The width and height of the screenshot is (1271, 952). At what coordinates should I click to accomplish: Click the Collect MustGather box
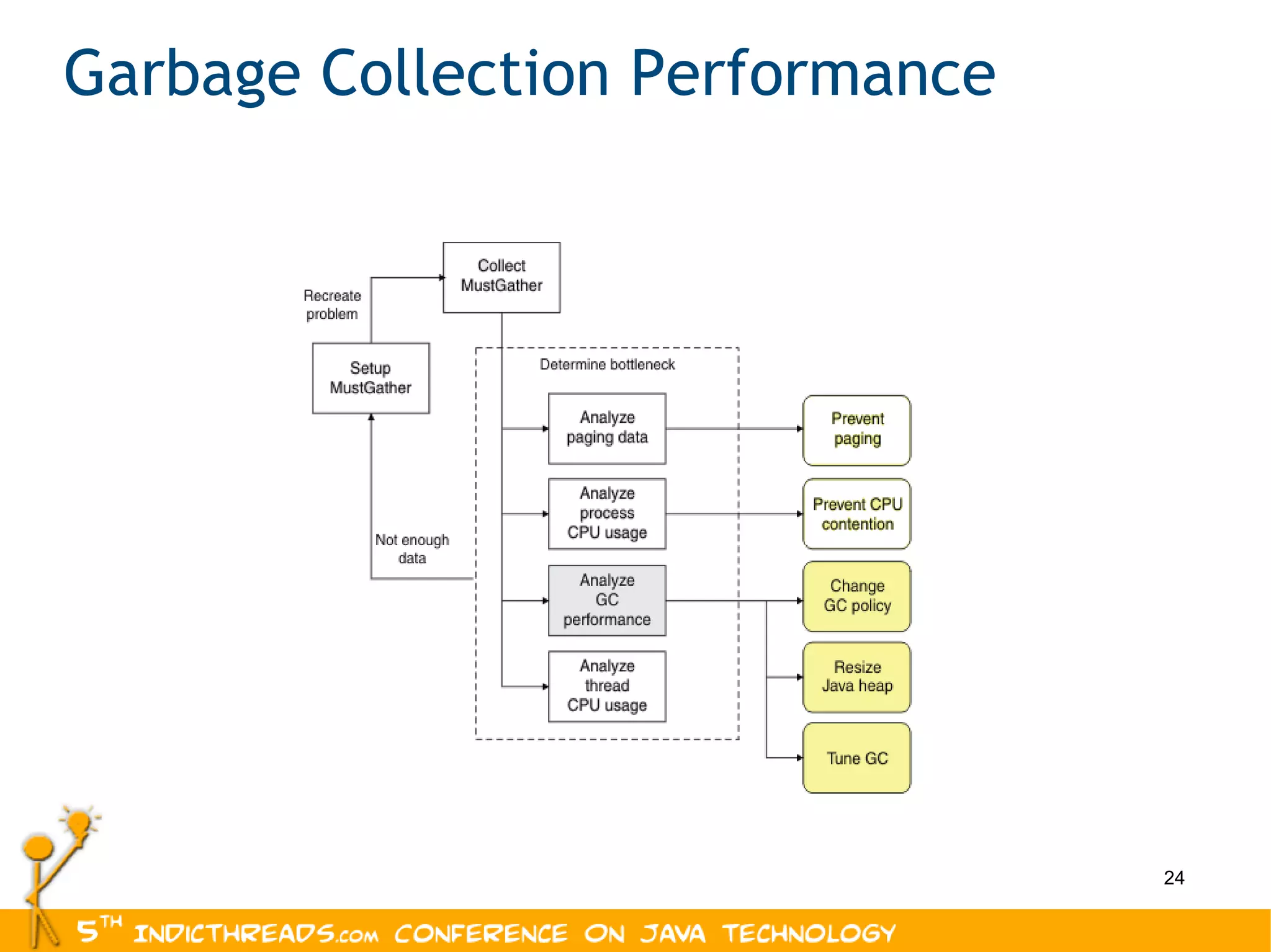coord(501,277)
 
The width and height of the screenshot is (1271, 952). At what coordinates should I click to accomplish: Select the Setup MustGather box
coord(371,378)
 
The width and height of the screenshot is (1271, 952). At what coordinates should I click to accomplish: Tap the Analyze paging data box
coord(607,428)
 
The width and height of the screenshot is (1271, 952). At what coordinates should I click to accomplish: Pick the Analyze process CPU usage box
coord(607,514)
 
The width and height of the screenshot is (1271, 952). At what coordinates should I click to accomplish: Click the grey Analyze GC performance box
coord(607,600)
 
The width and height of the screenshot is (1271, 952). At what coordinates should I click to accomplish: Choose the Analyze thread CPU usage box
coord(607,686)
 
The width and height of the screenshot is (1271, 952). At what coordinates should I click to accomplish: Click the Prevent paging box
coord(856,430)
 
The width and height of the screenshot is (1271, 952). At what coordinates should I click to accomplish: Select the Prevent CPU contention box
coord(856,514)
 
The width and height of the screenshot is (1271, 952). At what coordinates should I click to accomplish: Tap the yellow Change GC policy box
coord(856,596)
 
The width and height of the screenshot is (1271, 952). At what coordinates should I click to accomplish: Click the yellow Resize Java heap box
coord(856,677)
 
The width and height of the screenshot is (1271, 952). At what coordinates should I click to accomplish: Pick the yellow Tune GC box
coord(856,758)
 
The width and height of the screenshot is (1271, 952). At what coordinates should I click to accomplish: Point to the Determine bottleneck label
coord(606,365)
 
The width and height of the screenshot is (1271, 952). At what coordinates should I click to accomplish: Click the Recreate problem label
coord(332,305)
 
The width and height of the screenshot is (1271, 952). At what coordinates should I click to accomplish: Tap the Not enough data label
coord(411,549)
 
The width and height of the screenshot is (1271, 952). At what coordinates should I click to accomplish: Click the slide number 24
coord(1174,878)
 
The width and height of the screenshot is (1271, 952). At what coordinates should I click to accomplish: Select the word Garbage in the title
coord(182,74)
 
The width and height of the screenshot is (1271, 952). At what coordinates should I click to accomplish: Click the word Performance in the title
coord(812,74)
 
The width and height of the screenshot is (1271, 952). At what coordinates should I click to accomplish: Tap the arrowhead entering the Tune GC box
coord(799,758)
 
